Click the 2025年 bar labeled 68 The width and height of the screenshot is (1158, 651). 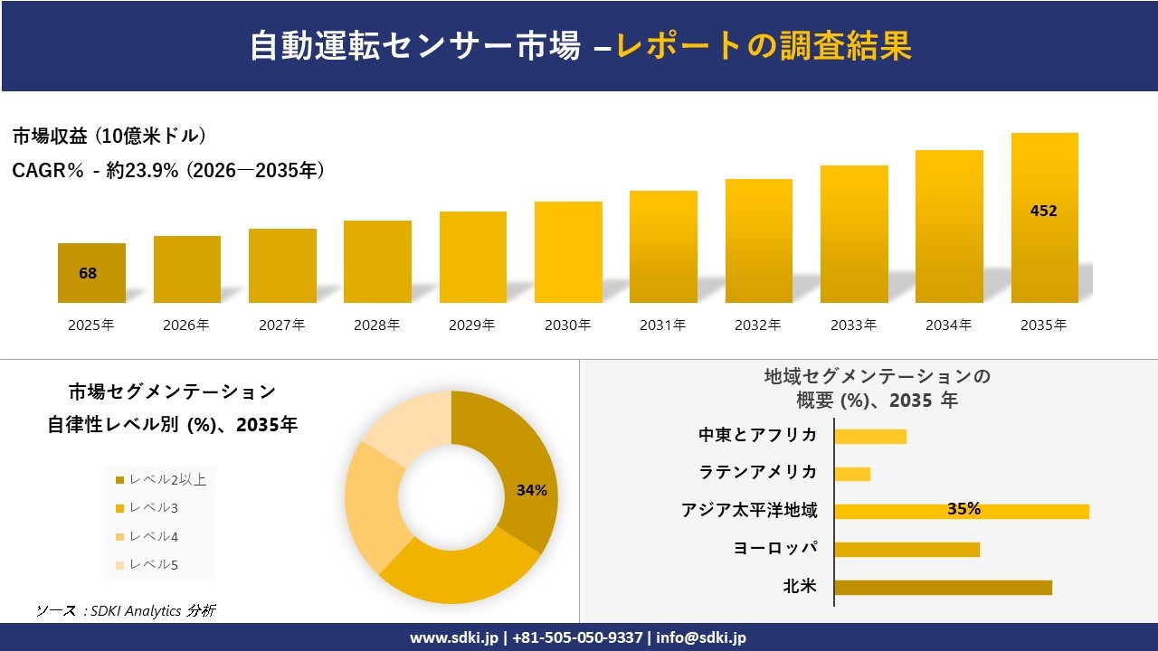pos(91,273)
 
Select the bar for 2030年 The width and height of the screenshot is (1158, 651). pos(568,252)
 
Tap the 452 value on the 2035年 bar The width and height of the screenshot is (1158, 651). pos(1043,212)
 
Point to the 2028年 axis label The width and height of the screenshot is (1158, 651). pos(377,325)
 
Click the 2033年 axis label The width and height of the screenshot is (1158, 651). pos(853,325)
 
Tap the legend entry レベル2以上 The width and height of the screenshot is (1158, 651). pos(160,480)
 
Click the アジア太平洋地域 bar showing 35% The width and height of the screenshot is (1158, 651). pos(962,511)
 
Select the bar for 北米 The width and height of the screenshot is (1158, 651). pos(943,588)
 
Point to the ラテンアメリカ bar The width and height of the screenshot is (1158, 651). pos(851,474)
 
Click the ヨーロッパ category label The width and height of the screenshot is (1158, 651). pos(775,549)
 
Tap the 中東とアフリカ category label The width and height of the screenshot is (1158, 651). pos(757,435)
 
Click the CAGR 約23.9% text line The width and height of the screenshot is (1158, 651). pos(168,171)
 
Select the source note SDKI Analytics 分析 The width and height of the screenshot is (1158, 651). pos(126,611)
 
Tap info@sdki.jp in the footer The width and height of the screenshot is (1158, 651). pos(701,637)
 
